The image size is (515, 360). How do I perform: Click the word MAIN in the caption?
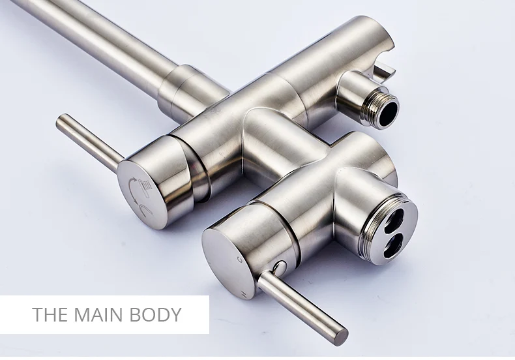[x=100, y=314]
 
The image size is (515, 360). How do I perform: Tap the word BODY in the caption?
[x=155, y=314]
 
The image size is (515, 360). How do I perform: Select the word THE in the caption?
[x=51, y=314]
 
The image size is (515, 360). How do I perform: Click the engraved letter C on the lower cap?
[x=241, y=260]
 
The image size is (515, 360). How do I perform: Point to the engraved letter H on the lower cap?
[x=243, y=293]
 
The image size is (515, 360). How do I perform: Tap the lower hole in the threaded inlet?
[x=394, y=246]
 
